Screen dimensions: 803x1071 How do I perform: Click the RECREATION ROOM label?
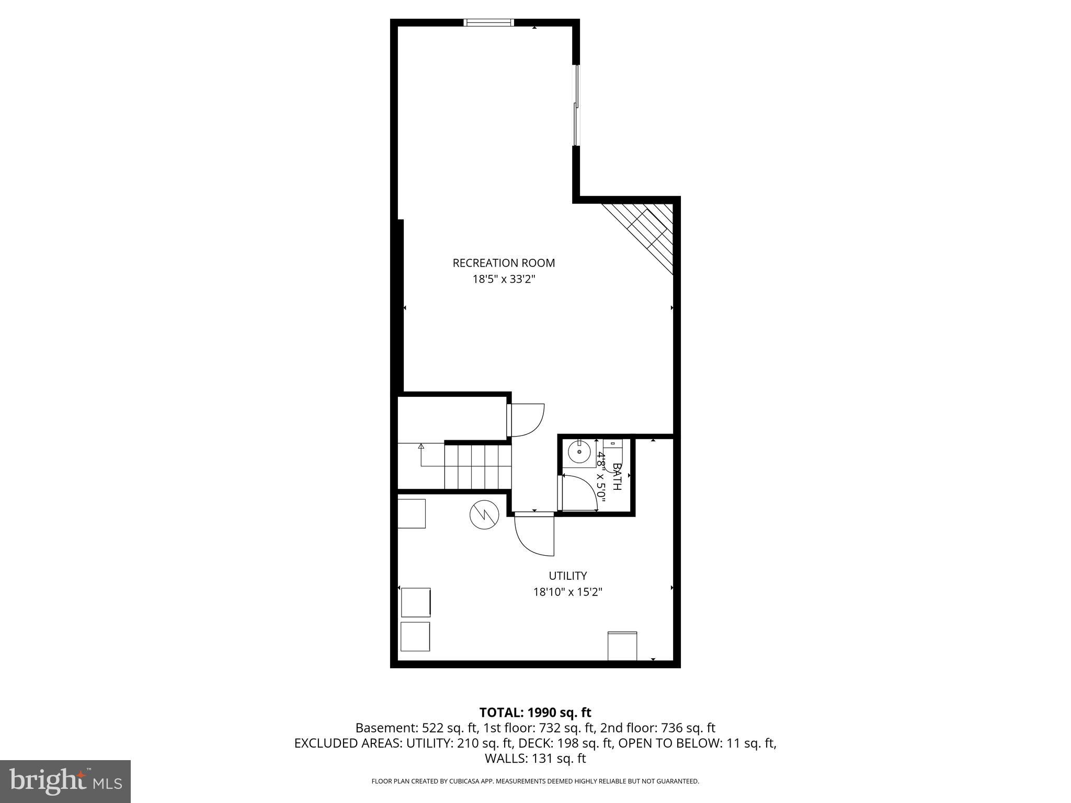coord(504,263)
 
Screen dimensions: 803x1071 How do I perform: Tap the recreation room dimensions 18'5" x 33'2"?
coord(504,279)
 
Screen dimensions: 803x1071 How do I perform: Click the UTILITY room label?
coord(567,576)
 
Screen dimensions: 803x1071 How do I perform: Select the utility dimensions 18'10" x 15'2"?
coord(568,592)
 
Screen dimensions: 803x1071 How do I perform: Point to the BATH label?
coord(617,476)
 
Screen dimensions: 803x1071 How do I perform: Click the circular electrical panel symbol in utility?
coord(484,515)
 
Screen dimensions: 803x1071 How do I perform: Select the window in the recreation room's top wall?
coord(489,22)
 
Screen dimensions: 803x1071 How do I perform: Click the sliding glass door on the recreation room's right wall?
coord(576,105)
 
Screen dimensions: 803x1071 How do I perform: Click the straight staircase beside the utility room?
coord(477,466)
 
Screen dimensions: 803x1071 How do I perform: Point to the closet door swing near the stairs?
coord(527,420)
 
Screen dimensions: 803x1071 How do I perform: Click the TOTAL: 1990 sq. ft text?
coord(535,712)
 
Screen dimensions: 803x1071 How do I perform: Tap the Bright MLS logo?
coord(65,781)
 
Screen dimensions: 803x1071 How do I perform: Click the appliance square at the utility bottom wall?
coord(622,646)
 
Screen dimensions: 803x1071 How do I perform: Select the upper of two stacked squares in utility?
coord(416,602)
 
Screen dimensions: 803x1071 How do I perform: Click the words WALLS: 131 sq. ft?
coord(535,758)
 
